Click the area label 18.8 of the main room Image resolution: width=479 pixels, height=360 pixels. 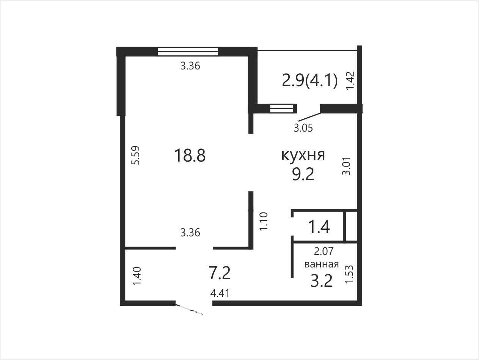point(190,155)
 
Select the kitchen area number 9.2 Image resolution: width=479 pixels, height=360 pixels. point(303,174)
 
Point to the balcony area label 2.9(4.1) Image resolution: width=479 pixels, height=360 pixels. point(309,81)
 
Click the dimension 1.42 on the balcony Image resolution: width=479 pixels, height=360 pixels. point(350,80)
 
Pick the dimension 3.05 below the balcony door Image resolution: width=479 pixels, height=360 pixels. point(303,128)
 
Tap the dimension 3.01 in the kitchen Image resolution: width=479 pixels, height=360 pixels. point(346,166)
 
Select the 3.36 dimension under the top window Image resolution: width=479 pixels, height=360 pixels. point(190,66)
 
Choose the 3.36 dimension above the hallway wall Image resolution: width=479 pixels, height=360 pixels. point(190,233)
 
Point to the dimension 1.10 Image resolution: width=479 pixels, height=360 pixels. point(264,221)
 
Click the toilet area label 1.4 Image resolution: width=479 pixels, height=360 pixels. point(319,227)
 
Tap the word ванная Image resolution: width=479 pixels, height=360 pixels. point(322,264)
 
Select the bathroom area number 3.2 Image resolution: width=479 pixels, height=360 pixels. point(322,281)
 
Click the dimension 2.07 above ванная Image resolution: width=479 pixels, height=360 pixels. point(324,251)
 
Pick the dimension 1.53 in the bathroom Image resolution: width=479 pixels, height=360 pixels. point(349,274)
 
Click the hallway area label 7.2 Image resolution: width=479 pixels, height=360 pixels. point(220,273)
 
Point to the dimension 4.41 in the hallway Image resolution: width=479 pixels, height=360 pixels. point(220,294)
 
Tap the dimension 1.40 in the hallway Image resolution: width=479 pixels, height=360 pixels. point(137,276)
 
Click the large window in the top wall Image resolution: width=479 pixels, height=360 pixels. point(188,52)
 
